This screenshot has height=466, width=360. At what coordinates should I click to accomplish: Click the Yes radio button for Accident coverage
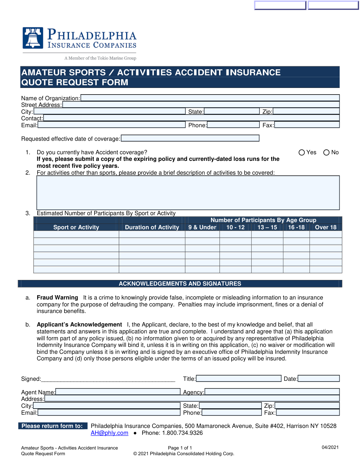[x=302, y=152]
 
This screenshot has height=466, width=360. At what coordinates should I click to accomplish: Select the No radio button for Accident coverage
[x=326, y=152]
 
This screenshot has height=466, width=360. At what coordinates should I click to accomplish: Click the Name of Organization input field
[x=210, y=98]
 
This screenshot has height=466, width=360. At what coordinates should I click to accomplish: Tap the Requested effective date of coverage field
[x=190, y=138]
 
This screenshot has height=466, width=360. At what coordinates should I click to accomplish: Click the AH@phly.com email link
[x=109, y=433]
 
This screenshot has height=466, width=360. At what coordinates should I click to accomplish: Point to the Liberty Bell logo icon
[x=33, y=38]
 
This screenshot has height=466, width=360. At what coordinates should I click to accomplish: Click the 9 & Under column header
[x=202, y=227]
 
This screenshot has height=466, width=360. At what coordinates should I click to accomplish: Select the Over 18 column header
[x=325, y=227]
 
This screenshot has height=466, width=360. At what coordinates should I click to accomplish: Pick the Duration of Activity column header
[x=152, y=227]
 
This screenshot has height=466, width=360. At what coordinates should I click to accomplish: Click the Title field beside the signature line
[x=238, y=378]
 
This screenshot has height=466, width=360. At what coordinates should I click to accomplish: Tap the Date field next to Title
[x=319, y=378]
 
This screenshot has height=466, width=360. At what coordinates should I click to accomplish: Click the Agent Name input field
[x=118, y=392]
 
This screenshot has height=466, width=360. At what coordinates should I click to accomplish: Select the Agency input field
[x=272, y=392]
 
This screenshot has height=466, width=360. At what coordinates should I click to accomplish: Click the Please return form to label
[x=52, y=426]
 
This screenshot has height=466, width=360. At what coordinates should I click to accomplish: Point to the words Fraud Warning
[x=57, y=297]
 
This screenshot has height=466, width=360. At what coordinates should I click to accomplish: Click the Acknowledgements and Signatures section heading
[x=180, y=284]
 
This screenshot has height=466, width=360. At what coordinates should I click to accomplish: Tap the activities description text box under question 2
[x=188, y=193]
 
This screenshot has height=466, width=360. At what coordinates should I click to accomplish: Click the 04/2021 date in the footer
[x=330, y=447]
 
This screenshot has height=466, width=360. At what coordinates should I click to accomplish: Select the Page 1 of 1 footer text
[x=180, y=448]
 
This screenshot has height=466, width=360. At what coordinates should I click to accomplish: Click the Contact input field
[x=191, y=118]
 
